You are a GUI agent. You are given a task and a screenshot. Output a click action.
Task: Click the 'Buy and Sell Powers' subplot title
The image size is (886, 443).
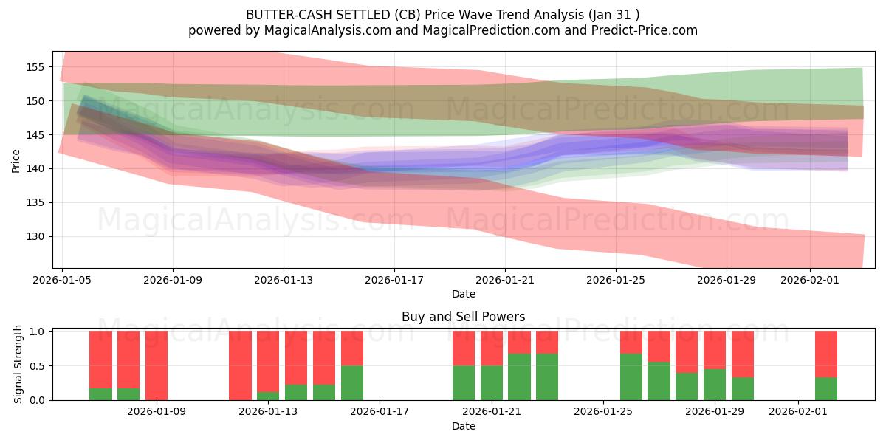[463, 317]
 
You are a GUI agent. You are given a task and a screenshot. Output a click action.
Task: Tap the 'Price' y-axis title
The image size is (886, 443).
[16, 159]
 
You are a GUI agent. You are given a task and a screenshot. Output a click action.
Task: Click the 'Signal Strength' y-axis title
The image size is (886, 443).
[18, 365]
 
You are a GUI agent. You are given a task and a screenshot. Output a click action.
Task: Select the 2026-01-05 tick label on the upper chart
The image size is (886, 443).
[63, 280]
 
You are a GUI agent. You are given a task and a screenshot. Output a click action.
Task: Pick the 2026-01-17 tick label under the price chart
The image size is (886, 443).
[394, 280]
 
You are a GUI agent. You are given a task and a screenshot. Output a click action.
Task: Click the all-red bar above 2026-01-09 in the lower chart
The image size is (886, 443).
[157, 365]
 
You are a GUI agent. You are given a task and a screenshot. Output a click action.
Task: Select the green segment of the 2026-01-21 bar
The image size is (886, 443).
[492, 382]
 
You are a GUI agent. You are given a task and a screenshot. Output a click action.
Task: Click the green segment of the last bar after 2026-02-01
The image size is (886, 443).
[826, 388]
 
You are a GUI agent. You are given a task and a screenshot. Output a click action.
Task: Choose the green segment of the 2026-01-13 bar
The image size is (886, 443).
[268, 396]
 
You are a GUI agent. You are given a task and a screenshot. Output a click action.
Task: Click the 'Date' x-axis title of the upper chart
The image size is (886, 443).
[463, 294]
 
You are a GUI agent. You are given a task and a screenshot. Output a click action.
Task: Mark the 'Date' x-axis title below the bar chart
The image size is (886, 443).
[463, 426]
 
